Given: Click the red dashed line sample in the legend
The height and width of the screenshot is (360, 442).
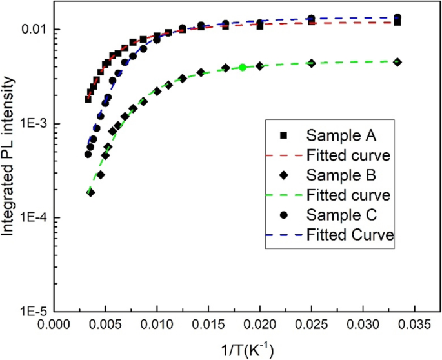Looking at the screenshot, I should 284,155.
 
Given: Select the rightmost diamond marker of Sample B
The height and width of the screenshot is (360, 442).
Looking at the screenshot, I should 397,62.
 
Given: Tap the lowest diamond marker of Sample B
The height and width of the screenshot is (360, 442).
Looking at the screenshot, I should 91,192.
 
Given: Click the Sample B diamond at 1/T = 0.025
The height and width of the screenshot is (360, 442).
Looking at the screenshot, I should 312,63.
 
